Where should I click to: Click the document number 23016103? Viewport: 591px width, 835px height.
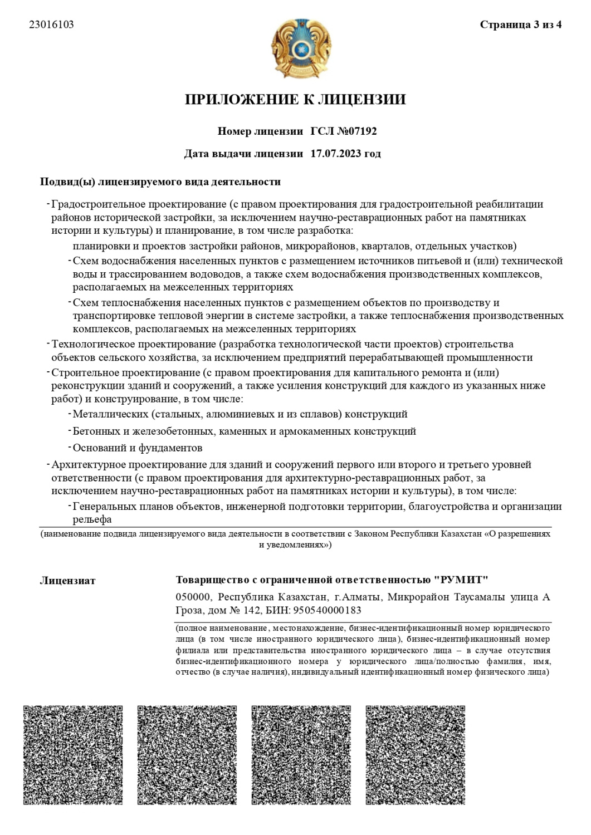(x=51, y=25)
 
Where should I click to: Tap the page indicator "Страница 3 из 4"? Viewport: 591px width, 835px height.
(x=520, y=25)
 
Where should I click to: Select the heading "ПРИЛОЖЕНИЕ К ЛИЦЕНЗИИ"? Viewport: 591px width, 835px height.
(x=295, y=100)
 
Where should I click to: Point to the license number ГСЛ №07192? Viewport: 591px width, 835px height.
(x=344, y=132)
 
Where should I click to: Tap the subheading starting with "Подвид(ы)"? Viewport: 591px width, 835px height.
(x=160, y=182)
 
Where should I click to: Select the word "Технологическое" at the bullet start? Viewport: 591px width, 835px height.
(x=87, y=344)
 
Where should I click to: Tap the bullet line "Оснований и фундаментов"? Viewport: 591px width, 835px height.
(x=138, y=448)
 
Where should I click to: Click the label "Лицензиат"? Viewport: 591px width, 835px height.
(x=67, y=581)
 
